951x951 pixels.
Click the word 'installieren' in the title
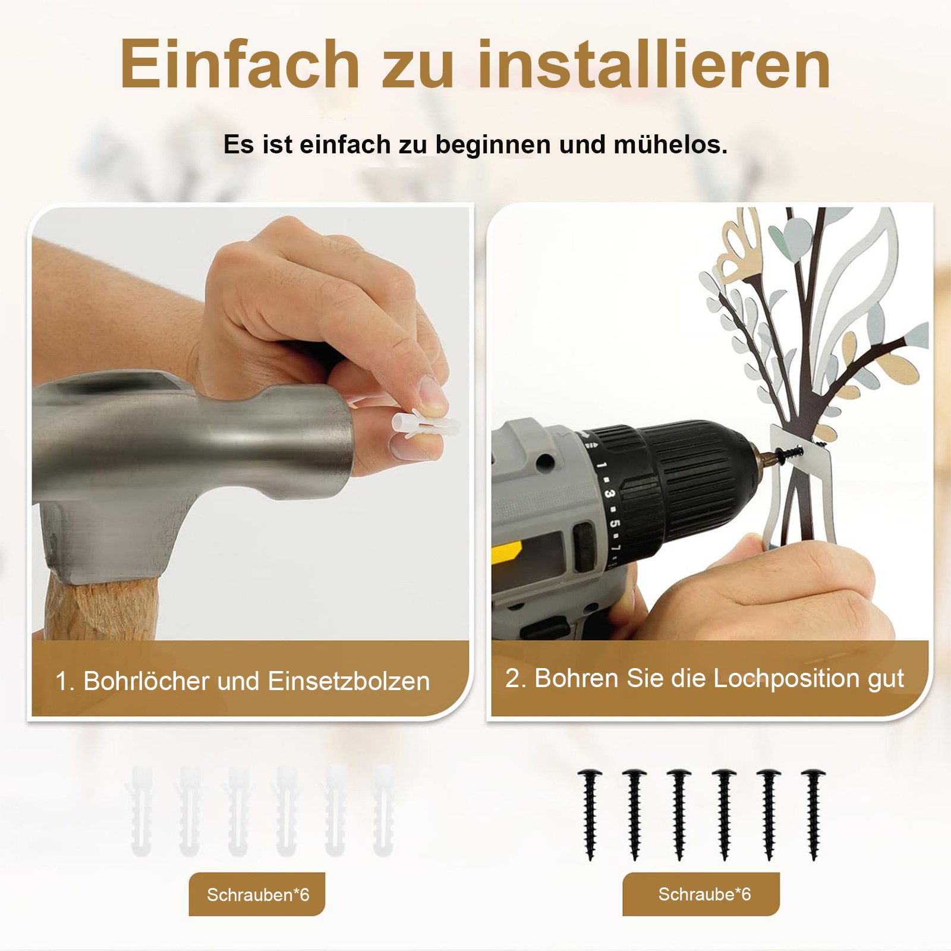click(x=654, y=64)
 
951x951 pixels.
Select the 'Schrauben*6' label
click(x=257, y=895)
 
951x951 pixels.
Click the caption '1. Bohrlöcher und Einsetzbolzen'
click(x=243, y=681)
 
